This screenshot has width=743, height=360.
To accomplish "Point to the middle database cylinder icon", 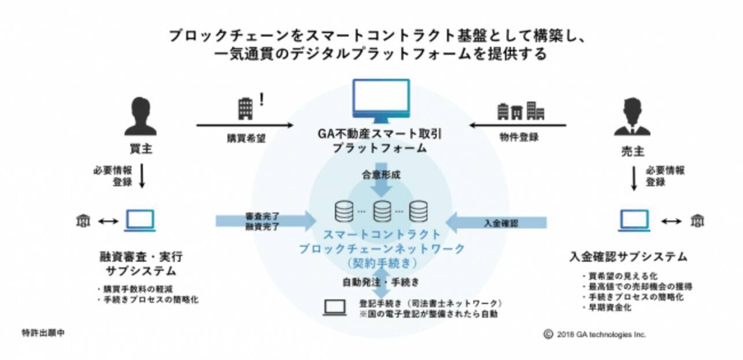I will [x=382, y=211].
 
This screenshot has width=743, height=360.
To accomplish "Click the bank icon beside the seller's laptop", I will [x=698, y=221].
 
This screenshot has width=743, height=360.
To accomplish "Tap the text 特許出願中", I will [x=43, y=334].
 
